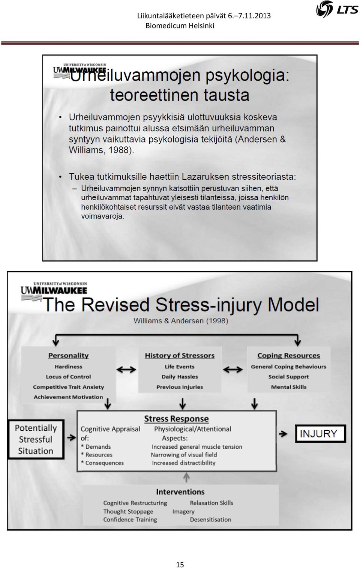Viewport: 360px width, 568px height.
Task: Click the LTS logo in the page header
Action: point(337,9)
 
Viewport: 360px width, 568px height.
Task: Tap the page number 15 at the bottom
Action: point(180,565)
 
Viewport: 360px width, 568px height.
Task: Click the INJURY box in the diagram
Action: point(321,434)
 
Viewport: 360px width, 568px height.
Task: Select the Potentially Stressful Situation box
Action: point(36,439)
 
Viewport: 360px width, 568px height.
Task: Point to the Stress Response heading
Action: point(177,419)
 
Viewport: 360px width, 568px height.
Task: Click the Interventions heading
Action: point(180,492)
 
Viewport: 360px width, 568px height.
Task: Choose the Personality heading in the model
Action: point(69,356)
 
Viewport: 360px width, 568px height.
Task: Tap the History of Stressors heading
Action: point(180,356)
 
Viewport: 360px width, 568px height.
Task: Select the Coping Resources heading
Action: point(289,356)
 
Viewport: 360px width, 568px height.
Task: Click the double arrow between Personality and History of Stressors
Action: point(126,370)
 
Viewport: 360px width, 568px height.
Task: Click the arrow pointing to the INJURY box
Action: point(283,434)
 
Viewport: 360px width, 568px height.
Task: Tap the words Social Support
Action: point(288,377)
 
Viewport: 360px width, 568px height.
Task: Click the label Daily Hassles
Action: point(180,377)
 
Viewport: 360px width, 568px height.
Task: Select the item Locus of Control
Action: point(69,377)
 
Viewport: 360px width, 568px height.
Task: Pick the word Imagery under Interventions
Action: point(183,512)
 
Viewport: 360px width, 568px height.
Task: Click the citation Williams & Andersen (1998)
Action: point(181,321)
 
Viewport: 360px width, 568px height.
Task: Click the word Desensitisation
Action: point(210,520)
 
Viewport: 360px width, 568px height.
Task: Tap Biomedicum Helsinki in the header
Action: point(180,26)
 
